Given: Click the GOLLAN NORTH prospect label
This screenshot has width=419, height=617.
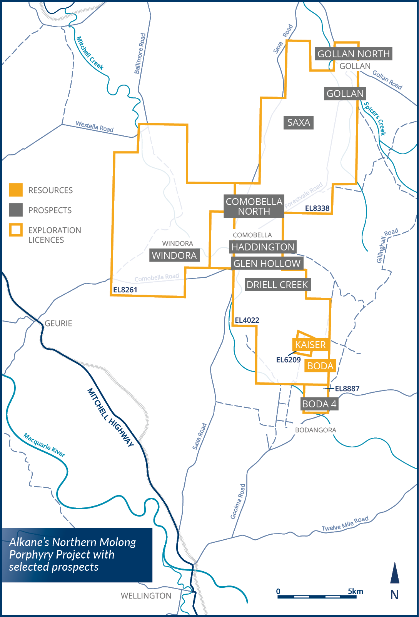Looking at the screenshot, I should coord(354,54).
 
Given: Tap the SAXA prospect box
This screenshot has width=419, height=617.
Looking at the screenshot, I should coord(299,123).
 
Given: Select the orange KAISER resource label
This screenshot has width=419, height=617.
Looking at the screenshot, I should coord(310,345).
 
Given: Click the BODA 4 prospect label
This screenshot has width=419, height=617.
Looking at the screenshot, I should coord(319,404).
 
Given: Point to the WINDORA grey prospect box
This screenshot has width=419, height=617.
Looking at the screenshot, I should coord(174,255).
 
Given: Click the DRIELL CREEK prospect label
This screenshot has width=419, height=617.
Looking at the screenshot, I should coord(277,285).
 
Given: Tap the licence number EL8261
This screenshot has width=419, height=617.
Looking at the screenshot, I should coord(125,290).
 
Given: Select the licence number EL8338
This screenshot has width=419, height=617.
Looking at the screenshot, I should coord(317,208).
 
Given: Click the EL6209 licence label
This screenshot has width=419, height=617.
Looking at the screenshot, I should coord(288,360).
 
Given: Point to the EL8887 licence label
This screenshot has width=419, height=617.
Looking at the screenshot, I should coord(347,389).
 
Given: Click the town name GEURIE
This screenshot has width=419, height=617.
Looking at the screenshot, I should coord(58,324).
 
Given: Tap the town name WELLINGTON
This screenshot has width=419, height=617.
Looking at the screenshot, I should coord(146,596).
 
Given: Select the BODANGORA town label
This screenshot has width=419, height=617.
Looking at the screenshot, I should coord(316,430).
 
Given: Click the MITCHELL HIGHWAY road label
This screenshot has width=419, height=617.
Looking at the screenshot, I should coord(110,418).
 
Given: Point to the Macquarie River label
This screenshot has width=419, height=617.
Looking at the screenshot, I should coord(44,445).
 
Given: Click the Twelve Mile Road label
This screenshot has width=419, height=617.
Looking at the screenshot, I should coord(345,524).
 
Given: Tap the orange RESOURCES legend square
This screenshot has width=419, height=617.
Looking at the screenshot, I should coord(16,190).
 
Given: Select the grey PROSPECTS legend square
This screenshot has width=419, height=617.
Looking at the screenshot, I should coord(16,210).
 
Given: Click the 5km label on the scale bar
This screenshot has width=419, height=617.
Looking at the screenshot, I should coord(355,591).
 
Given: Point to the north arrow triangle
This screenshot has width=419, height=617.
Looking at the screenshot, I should coord(395,573).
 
